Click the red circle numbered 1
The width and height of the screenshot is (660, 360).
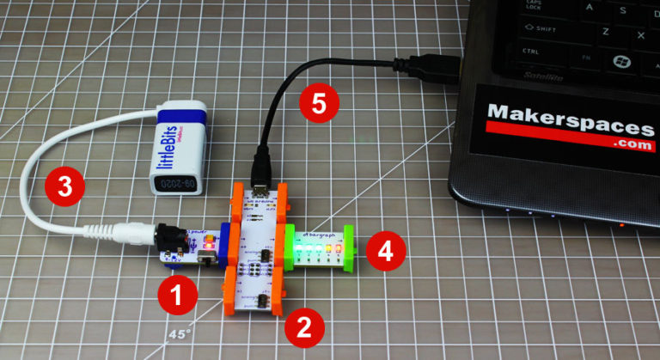pos(177,296)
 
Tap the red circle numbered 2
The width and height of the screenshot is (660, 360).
pos(302,326)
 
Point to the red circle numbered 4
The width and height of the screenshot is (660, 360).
pos(384,252)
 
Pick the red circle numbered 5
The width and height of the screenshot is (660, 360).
pos(319,106)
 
